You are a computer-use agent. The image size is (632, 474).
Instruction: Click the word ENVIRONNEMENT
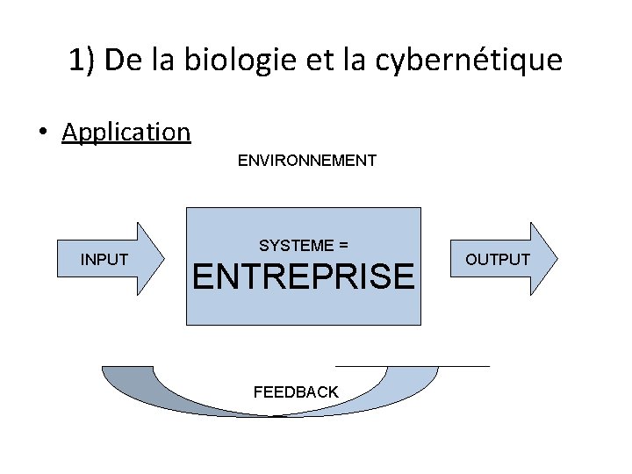pyautogui.click(x=306, y=161)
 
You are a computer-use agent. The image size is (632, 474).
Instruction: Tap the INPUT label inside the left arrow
pyautogui.click(x=104, y=260)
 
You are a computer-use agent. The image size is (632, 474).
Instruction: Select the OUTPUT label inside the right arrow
pyautogui.click(x=498, y=260)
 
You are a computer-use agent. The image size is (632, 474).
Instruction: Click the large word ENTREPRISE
pyautogui.click(x=303, y=277)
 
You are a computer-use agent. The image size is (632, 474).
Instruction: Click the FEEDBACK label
pyautogui.click(x=296, y=392)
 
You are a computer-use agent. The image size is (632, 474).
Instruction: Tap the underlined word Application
pyautogui.click(x=126, y=133)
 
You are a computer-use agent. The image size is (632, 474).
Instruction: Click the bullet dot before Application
pyautogui.click(x=42, y=133)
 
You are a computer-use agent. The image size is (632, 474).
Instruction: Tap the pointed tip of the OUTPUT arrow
pyautogui.click(x=557, y=259)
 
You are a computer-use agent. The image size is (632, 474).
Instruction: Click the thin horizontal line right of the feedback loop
pyautogui.click(x=413, y=364)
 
